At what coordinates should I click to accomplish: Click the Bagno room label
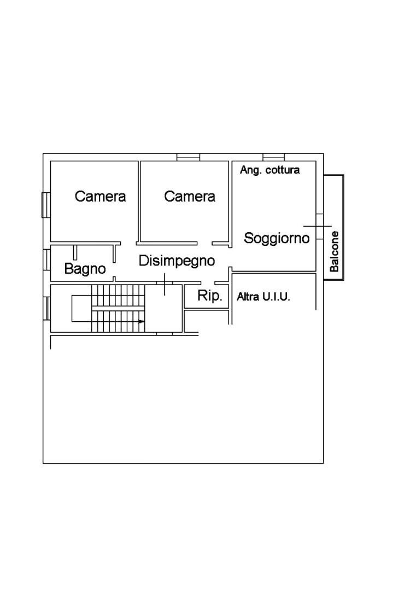coord(85,269)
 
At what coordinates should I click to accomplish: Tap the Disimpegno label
coord(177,261)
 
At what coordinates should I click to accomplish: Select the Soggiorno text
coord(277,238)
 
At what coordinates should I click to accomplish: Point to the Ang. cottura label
coord(269,170)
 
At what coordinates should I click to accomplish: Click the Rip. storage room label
coord(209,296)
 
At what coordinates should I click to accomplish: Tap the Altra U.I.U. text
coord(263,297)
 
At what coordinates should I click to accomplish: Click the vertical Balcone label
coord(334,251)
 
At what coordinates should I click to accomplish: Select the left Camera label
coord(100,196)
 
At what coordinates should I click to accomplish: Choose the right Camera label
coord(190,196)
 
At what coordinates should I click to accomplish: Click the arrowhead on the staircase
coord(142,321)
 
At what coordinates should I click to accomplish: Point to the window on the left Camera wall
coord(46,205)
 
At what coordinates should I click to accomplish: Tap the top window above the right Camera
coord(188,157)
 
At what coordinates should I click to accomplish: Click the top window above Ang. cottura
coord(273,157)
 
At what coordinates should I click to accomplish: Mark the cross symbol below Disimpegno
coord(165,284)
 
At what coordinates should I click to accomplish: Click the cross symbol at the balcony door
coord(318,226)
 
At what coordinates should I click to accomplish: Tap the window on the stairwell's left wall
coord(47,308)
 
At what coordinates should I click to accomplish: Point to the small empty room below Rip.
coord(206,321)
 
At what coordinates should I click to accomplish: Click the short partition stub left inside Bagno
coord(75,252)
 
